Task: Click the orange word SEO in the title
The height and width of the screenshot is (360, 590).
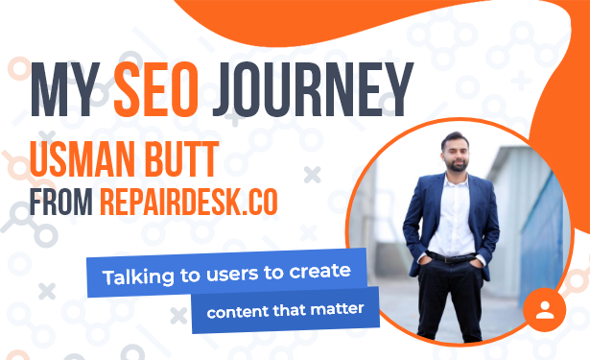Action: tap(156, 89)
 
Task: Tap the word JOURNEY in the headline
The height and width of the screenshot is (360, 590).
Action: tap(313, 89)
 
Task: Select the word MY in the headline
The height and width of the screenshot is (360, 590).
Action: tap(65, 89)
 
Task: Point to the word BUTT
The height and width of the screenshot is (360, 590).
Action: tap(181, 159)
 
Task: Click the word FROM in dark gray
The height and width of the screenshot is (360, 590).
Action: tap(61, 202)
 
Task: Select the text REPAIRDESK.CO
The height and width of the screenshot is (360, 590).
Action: tap(189, 202)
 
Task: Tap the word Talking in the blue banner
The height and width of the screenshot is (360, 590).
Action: tap(138, 277)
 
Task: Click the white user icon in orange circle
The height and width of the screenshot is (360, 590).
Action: tap(545, 310)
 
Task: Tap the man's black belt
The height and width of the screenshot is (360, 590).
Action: tap(451, 257)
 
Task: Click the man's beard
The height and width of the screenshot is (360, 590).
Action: tap(456, 165)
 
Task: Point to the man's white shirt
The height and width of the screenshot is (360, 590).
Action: tap(452, 215)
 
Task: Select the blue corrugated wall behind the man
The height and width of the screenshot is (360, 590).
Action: tap(542, 233)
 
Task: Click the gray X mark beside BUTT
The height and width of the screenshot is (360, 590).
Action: tap(312, 175)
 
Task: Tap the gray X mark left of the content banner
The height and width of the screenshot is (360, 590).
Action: tap(178, 316)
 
